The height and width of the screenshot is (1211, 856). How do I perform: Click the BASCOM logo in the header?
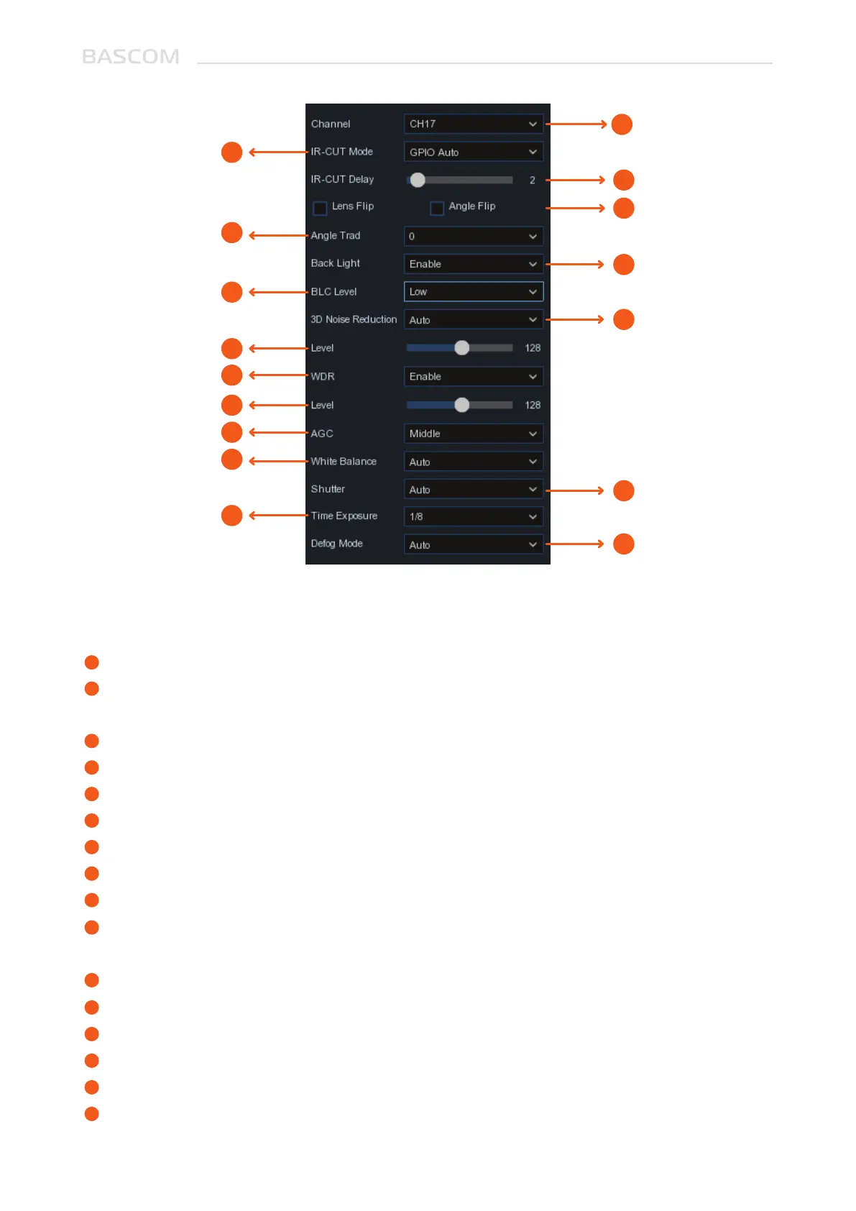coord(131,57)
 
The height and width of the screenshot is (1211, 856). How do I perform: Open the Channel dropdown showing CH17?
coord(473,124)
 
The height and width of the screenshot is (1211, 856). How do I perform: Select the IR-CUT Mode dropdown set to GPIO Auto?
coord(473,152)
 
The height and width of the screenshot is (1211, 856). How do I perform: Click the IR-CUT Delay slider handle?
coord(418,180)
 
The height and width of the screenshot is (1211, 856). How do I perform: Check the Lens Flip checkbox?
coord(320,208)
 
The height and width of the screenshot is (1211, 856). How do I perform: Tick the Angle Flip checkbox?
coord(436,208)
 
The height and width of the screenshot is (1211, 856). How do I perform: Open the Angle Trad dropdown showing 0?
coord(473,236)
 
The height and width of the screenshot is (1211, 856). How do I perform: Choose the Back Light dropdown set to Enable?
coord(473,264)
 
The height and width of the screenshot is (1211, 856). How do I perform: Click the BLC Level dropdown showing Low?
coord(473,292)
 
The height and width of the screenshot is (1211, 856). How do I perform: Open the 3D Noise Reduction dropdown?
coord(473,320)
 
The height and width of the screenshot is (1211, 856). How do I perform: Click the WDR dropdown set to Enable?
coord(473,377)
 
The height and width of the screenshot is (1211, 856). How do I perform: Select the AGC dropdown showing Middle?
coord(473,434)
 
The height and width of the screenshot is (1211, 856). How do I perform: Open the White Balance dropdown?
coord(473,462)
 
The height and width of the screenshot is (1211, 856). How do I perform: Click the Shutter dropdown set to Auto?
coord(473,490)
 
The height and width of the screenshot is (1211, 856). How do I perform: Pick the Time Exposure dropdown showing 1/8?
coord(473,516)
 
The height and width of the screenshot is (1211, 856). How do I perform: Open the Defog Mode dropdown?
coord(473,544)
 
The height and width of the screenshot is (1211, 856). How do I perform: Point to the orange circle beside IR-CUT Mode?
coord(231,152)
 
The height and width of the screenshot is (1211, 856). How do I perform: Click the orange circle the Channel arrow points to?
coord(622,124)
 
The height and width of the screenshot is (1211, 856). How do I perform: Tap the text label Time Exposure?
coord(344,516)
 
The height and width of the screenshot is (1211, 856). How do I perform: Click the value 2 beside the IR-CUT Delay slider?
coord(533,180)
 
